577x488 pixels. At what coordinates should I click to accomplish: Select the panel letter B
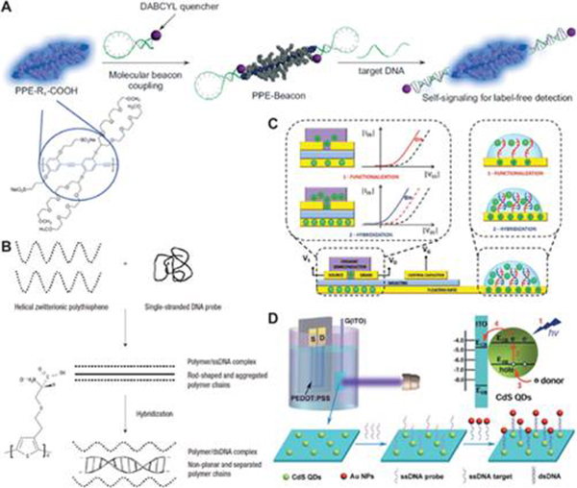pos(10,223)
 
